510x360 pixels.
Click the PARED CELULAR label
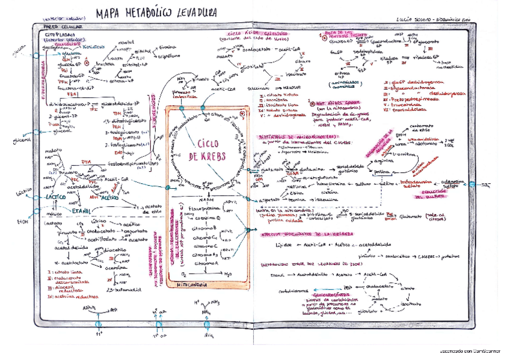(63, 26)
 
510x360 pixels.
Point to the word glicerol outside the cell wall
(22, 141)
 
